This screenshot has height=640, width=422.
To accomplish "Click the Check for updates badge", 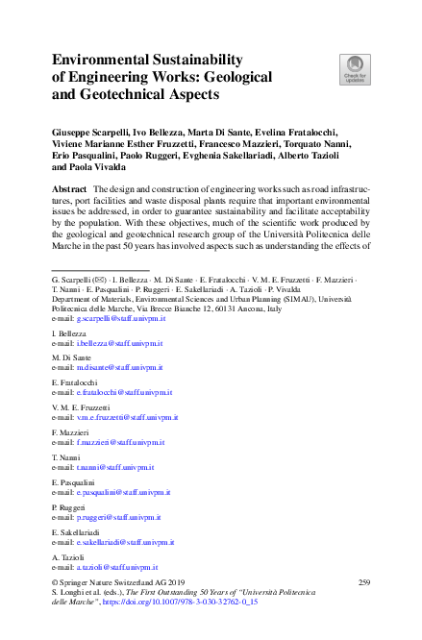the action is pyautogui.click(x=355, y=69).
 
